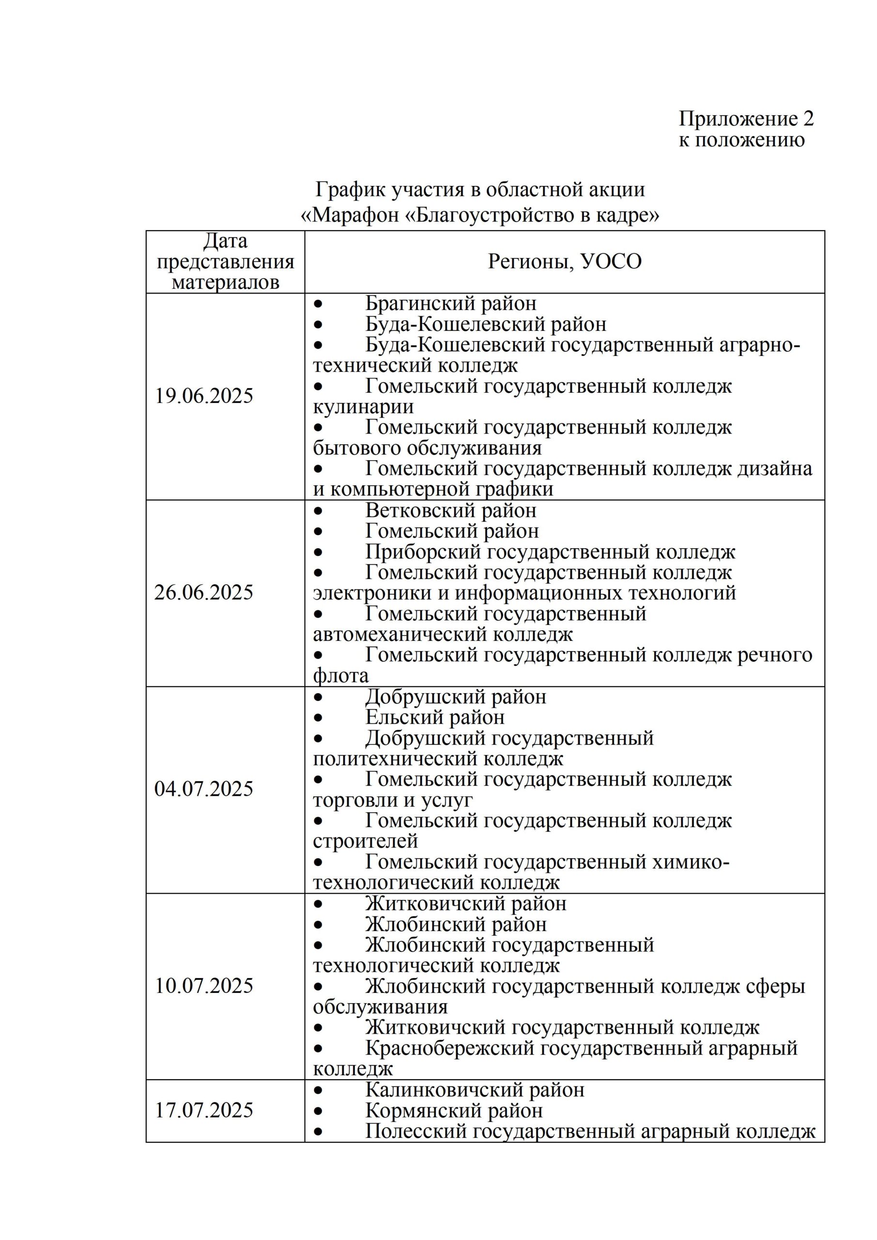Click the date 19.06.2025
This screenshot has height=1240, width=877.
(x=204, y=396)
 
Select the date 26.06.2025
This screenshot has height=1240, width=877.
(x=203, y=593)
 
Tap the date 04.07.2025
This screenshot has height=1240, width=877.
(x=203, y=789)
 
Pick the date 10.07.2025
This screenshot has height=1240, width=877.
(x=204, y=986)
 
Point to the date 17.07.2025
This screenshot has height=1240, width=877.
(x=204, y=1110)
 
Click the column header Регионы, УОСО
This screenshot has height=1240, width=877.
(x=565, y=262)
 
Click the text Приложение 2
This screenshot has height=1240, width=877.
(x=746, y=119)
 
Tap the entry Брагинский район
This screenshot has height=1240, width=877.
(x=451, y=304)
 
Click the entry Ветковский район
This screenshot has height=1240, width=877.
(x=451, y=511)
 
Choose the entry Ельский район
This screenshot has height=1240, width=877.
(x=435, y=717)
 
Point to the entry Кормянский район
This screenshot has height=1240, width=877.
(x=454, y=1111)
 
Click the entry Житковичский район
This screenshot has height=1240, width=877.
(x=466, y=903)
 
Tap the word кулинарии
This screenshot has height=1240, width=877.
(x=363, y=407)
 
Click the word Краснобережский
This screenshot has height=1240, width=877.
(x=448, y=1048)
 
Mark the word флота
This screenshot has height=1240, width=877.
(x=341, y=676)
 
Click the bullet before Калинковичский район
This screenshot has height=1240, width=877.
(x=318, y=1090)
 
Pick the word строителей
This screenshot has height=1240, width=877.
(x=366, y=841)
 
